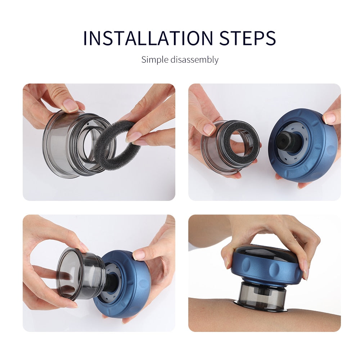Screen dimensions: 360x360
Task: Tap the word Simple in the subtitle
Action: click(x=155, y=59)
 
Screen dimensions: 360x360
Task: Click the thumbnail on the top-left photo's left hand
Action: click(x=70, y=105)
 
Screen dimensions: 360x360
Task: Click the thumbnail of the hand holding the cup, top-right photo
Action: click(x=209, y=129)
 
